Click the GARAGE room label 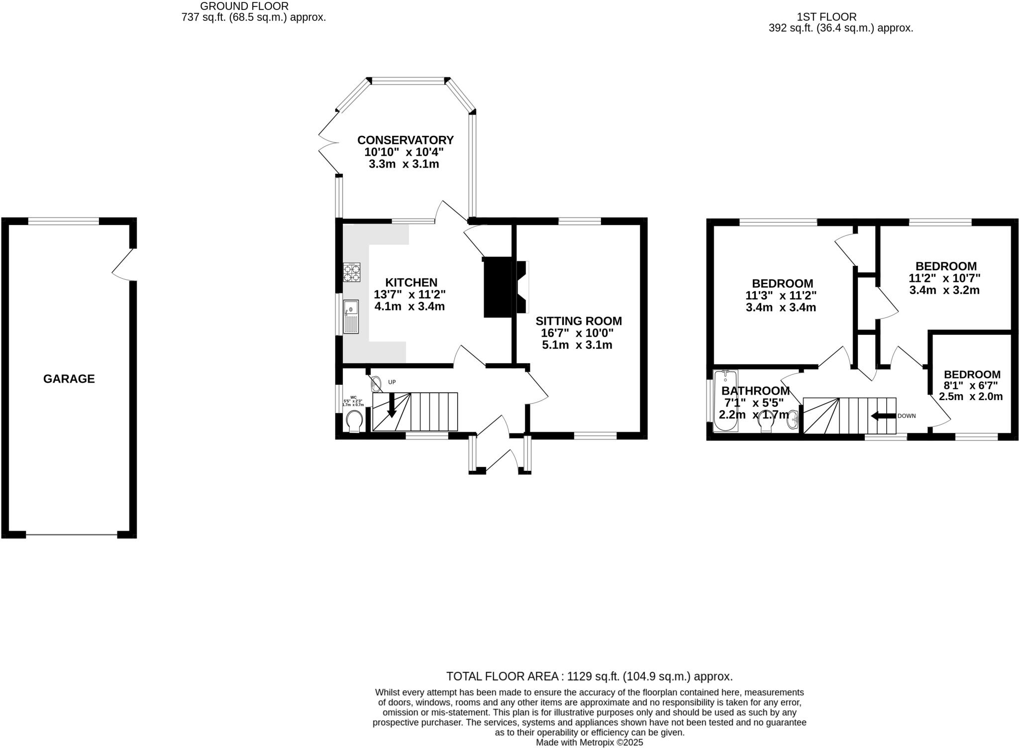pos(69,379)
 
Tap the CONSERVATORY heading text pos(405,140)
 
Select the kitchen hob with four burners pos(351,273)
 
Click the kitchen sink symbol pos(350,317)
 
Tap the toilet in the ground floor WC pos(354,421)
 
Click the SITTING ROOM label pos(578,321)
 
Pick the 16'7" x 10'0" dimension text pos(577,333)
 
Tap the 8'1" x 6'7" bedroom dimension pos(971,385)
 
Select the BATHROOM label pos(755,391)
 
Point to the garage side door pos(124,264)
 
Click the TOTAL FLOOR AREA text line pos(589,676)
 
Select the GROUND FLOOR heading pos(244,6)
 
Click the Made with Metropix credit pos(589,743)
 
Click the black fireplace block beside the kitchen pos(498,287)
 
